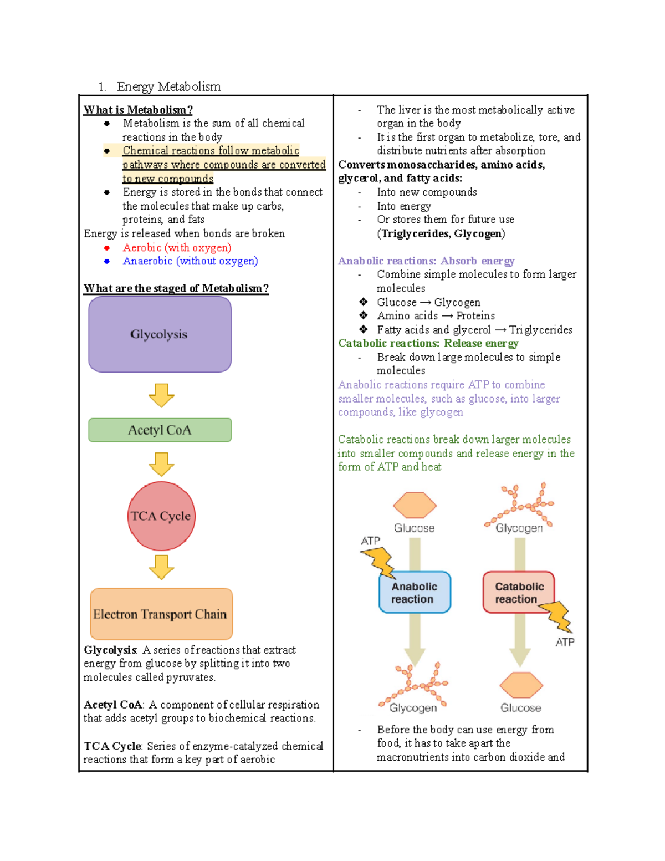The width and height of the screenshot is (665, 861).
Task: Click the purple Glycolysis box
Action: [x=160, y=334]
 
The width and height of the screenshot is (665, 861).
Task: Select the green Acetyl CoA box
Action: [x=160, y=430]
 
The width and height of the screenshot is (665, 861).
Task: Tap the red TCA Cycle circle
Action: [x=161, y=516]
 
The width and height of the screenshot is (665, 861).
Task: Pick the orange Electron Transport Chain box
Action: [x=161, y=614]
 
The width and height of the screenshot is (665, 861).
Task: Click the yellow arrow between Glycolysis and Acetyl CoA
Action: [x=161, y=395]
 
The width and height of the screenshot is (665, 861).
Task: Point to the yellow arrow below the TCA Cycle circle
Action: [x=161, y=567]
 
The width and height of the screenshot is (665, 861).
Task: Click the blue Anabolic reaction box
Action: [x=415, y=593]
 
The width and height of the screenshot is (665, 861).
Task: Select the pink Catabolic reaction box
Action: [x=518, y=593]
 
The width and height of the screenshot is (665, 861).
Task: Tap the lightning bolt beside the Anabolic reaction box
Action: [x=378, y=562]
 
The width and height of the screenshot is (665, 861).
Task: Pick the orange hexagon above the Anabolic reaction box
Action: [x=415, y=505]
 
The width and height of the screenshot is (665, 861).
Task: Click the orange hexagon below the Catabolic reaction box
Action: [x=521, y=685]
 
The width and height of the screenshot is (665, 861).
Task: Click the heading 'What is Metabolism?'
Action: [x=138, y=110]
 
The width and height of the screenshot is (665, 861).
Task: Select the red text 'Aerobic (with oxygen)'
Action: [x=177, y=248]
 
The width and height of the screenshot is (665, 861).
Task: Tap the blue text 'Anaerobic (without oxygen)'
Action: [x=190, y=261]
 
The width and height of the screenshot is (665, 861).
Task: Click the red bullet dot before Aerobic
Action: [x=107, y=248]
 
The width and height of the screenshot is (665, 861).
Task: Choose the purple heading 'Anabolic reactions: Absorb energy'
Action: [x=426, y=261]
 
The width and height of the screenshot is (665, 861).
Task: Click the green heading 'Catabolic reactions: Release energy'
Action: [x=428, y=343]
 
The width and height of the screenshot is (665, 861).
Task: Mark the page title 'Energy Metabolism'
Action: [x=168, y=87]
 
